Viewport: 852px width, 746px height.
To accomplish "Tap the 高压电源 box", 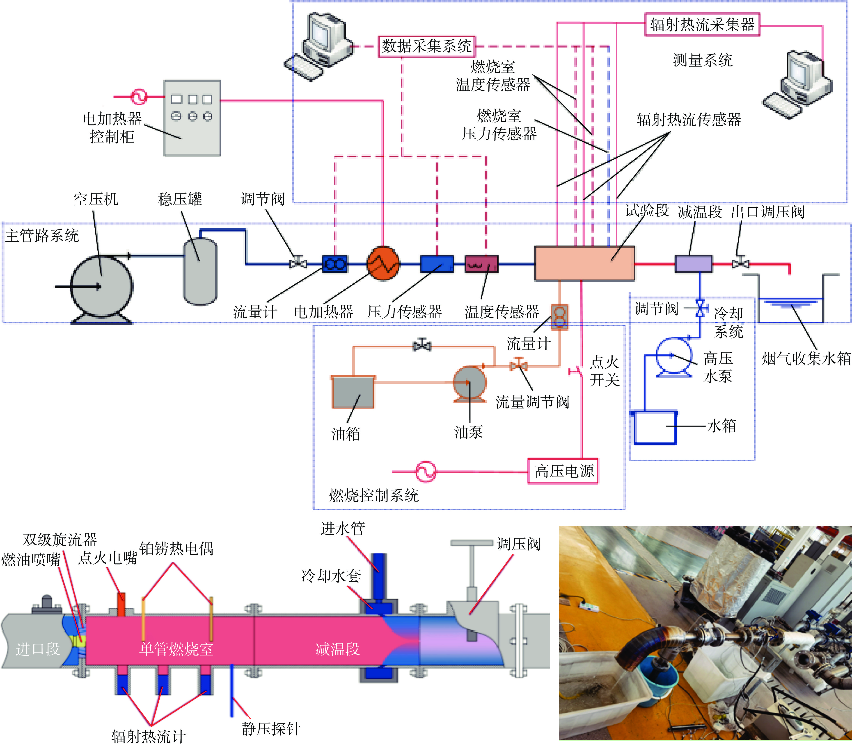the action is point(563,471).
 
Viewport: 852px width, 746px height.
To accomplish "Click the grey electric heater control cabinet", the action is point(192,118).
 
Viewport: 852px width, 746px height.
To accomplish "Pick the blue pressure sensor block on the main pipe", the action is point(437,264).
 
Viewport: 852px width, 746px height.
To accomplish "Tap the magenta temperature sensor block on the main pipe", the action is point(481,264).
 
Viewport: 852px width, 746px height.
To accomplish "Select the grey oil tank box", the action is point(353,392).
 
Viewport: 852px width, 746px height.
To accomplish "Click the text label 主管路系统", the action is point(42,236).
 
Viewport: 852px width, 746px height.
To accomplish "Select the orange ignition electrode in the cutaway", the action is point(121,604).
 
